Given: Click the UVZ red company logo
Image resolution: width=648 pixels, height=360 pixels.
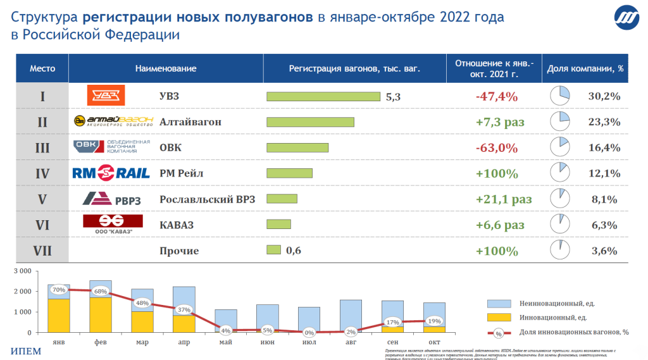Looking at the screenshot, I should (106, 96).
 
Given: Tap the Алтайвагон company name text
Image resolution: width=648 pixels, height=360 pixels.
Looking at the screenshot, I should (190, 121).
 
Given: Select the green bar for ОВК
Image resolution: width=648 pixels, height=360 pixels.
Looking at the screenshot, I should (297, 147).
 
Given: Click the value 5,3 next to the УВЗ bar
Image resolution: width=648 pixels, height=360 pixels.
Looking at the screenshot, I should (393, 97).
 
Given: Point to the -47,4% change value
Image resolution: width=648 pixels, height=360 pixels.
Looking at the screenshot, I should (496, 96).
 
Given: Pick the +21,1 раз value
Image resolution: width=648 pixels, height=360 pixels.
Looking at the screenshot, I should (504, 199).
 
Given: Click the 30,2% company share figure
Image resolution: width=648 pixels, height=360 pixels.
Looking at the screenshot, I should (603, 96).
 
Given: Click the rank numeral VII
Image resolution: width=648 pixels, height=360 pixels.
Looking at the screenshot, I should (42, 251).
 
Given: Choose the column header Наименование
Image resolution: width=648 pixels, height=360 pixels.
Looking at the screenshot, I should (166, 68).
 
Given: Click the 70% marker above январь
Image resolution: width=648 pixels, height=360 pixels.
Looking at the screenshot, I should (59, 290).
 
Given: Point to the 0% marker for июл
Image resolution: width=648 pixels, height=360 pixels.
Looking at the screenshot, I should (309, 332).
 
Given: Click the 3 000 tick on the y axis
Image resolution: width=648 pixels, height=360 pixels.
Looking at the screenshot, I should (22, 271).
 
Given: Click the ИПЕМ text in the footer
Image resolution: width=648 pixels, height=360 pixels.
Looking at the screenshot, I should (26, 351).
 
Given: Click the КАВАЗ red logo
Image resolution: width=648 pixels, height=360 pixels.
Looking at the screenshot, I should (113, 222).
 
